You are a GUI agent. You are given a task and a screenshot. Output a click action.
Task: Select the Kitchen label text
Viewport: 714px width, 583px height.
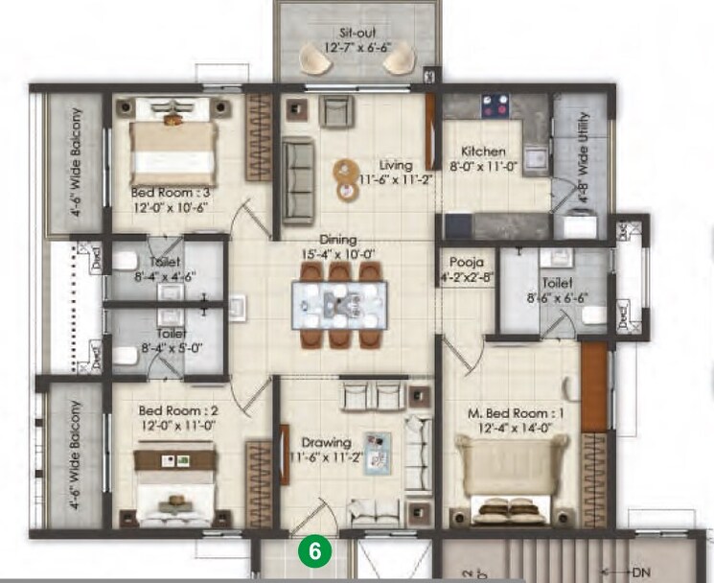point(482,152)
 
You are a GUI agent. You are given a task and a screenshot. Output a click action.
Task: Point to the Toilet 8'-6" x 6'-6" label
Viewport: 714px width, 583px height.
point(556,291)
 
